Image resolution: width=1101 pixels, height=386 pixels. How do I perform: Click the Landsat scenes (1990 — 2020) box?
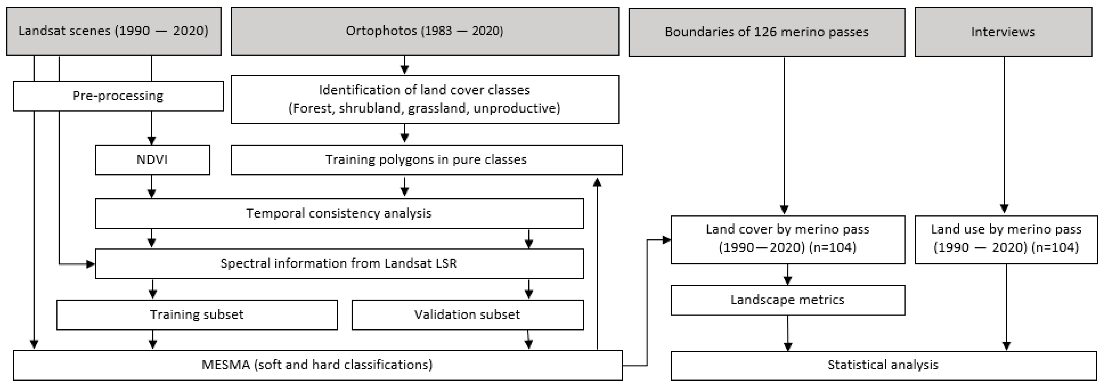pos(114,31)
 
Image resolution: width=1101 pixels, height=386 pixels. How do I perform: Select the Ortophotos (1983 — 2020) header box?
pos(425,31)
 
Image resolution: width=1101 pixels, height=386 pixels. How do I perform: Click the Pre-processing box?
pos(118,96)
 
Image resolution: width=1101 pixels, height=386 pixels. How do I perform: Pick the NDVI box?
pos(152,160)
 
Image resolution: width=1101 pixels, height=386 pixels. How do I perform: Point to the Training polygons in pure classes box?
pos(426,160)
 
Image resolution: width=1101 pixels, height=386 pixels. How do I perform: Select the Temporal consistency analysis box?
pos(339,213)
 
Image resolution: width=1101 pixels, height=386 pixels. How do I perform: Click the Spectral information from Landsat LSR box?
pos(339,263)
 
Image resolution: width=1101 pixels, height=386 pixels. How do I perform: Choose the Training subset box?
pos(197,315)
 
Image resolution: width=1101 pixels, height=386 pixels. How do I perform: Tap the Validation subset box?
pos(467,315)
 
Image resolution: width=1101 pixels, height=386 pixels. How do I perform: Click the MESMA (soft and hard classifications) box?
pos(317,365)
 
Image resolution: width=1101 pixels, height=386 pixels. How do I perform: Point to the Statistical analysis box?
pos(883,365)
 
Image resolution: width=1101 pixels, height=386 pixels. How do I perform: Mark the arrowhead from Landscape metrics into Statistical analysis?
pos(788,347)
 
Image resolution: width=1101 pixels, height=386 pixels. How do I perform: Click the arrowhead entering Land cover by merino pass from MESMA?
pos(666,240)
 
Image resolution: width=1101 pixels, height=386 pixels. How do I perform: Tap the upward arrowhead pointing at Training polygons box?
pos(597,182)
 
